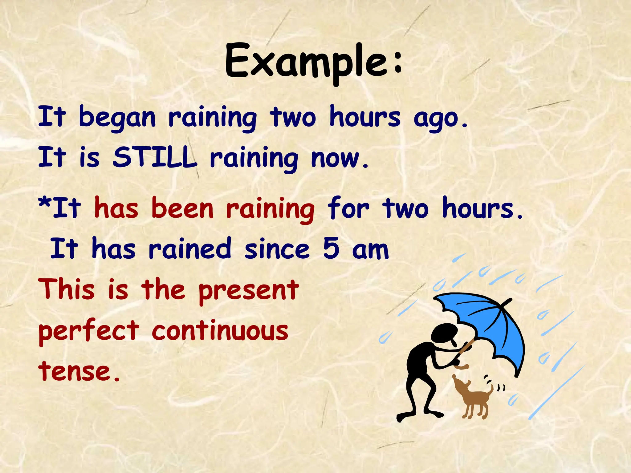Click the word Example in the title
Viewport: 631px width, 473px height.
click(305, 62)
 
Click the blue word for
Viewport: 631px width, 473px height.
click(348, 209)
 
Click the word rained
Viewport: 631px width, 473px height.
click(189, 249)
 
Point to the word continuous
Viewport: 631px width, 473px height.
click(220, 331)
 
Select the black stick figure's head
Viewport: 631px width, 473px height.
click(444, 333)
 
